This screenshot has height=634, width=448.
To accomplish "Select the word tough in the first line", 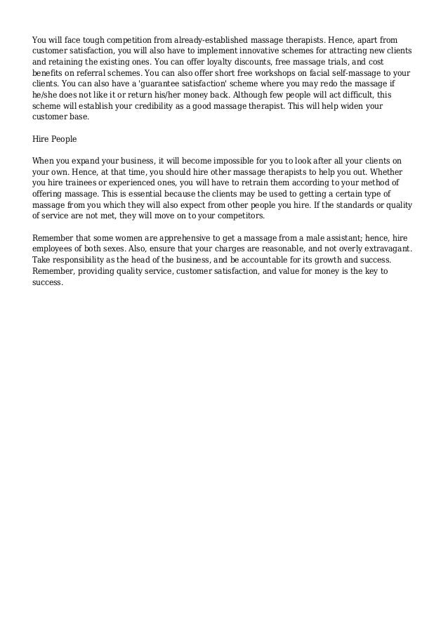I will click(86, 40).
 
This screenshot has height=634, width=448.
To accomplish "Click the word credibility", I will click(164, 106).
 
